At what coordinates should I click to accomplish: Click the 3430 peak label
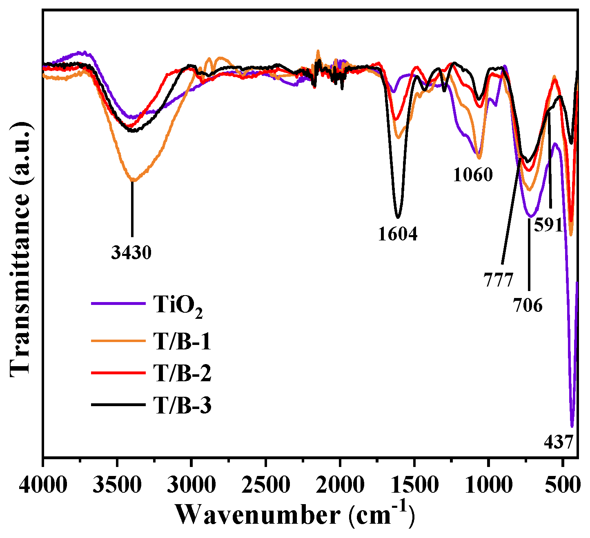point(131,253)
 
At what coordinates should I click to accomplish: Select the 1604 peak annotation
point(398,234)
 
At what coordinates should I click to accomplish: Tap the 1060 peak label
point(473,175)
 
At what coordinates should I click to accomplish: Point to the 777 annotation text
point(498,281)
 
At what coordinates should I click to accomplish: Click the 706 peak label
point(528,305)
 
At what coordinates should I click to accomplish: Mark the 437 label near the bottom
point(559,442)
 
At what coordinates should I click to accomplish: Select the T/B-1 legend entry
point(183,341)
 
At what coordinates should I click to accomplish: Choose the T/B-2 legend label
point(183,373)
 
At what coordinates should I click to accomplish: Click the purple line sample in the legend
point(118,303)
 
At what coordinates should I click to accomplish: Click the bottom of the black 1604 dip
point(398,217)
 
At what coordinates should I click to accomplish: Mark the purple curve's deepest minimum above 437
point(572,426)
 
